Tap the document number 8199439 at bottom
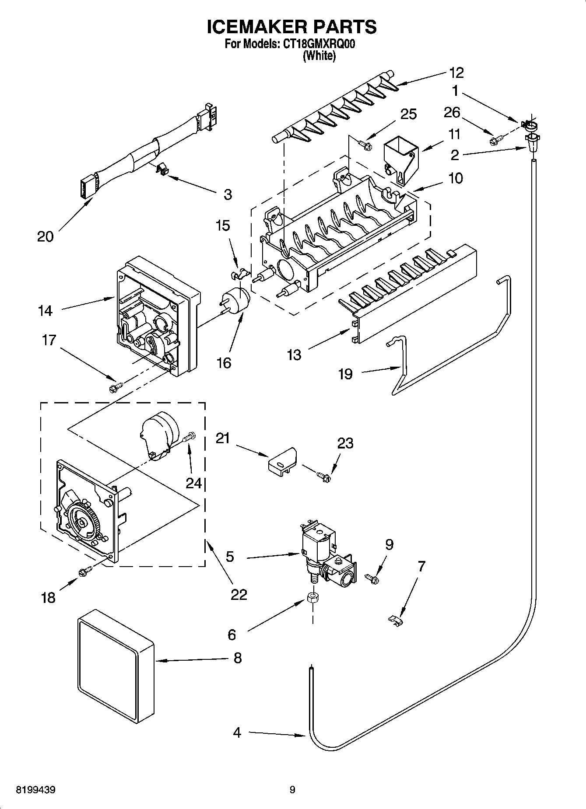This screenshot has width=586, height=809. pyautogui.click(x=35, y=790)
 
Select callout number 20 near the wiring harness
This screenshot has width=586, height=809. pyautogui.click(x=45, y=236)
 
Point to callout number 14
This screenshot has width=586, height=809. pyautogui.click(x=45, y=311)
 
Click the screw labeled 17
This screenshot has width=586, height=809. pyautogui.click(x=116, y=386)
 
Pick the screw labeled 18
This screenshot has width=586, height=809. pyautogui.click(x=84, y=571)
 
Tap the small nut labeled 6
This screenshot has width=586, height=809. pyautogui.click(x=312, y=598)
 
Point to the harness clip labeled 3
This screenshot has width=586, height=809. pyautogui.click(x=162, y=168)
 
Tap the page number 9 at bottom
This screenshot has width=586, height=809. pyautogui.click(x=292, y=790)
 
